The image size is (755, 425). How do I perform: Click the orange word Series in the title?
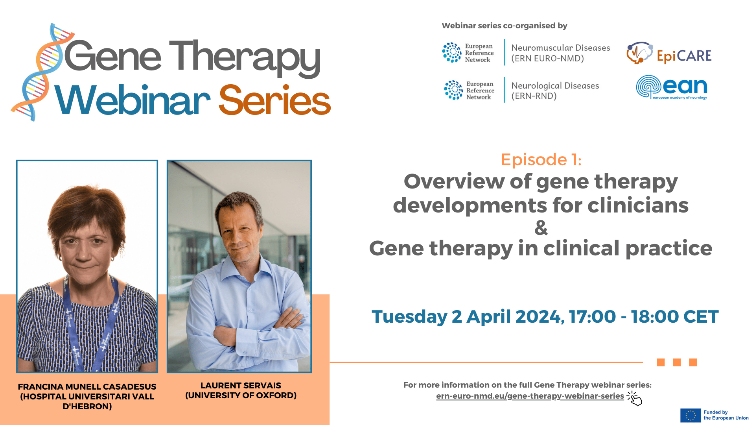pos(274,101)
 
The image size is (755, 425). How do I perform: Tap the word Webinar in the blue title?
pos(133,101)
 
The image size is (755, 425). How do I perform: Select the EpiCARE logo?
pos(669,54)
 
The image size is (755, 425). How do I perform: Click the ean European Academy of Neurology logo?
pos(672,87)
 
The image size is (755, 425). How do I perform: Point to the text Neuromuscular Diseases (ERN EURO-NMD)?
pos(560,53)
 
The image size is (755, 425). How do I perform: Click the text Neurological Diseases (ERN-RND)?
pos(555,91)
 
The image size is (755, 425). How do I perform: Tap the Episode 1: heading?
pos(541,160)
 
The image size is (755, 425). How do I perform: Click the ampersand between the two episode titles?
pos(541,228)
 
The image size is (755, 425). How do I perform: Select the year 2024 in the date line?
pos(540,317)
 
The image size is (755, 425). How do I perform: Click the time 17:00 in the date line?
pos(592,317)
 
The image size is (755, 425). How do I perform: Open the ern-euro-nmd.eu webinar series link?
pos(530,396)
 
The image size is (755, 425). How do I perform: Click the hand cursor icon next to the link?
pos(634,398)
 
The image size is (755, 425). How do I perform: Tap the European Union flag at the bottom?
pos(690,415)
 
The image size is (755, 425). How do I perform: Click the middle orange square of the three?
pos(677,362)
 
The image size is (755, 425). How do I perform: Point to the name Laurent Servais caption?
pos(241,386)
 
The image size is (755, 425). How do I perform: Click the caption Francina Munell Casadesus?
pos(87,387)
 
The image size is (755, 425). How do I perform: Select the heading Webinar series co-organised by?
pos(504,26)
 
